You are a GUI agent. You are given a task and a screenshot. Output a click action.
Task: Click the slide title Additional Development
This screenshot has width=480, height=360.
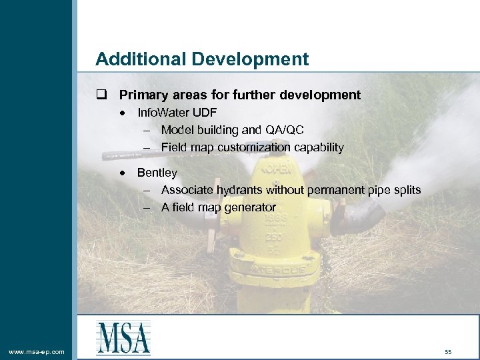(202, 59)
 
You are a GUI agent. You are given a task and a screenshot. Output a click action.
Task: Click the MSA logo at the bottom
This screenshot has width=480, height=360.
(123, 338)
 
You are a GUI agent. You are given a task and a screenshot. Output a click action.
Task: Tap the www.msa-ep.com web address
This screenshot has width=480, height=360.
(36, 351)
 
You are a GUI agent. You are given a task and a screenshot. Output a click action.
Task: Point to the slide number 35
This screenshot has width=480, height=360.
(448, 351)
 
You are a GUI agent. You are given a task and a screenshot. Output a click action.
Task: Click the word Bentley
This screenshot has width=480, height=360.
(157, 173)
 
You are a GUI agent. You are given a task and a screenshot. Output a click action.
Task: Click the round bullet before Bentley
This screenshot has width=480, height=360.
(123, 173)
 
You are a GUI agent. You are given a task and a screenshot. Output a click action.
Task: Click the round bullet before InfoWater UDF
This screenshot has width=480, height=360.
(123, 113)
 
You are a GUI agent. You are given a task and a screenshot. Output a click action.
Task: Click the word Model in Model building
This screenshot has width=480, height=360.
(176, 130)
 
